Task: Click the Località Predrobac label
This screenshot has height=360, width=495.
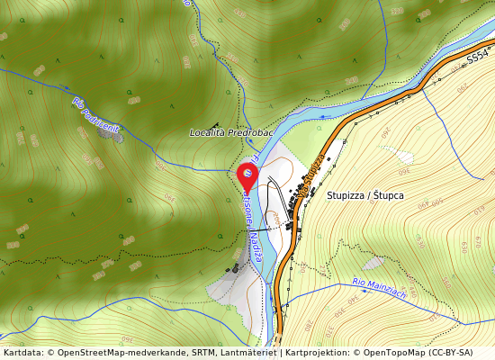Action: coord(231,132)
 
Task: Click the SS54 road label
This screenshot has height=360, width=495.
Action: coord(477,56)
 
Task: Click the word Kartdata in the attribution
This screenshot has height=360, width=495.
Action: coord(21,353)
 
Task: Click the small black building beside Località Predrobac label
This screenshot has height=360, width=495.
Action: coord(213,125)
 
